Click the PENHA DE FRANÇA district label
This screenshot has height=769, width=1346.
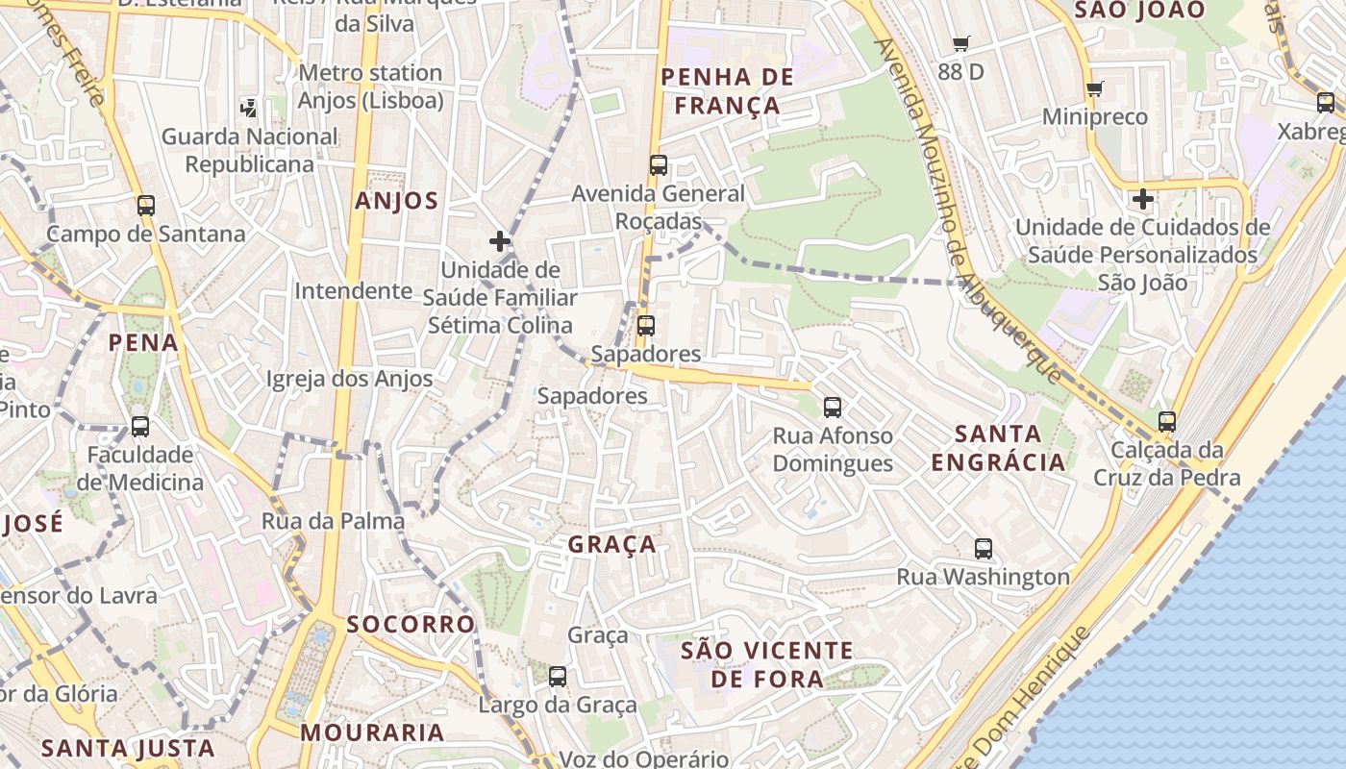[728, 91]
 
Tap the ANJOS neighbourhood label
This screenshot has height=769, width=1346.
[396, 201]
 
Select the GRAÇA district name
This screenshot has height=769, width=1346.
[612, 544]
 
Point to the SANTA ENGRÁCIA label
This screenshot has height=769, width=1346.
[998, 448]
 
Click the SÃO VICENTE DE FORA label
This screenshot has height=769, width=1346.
[766, 664]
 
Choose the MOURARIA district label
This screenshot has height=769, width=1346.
[372, 732]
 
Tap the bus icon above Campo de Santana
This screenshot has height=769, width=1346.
[146, 205]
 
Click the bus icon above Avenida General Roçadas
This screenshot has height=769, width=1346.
[658, 164]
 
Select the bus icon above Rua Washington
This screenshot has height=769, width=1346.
[983, 549]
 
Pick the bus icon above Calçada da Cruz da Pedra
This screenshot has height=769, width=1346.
[1166, 421]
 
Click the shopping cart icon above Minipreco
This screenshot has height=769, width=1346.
[1094, 89]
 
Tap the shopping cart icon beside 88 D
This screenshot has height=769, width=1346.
[960, 43]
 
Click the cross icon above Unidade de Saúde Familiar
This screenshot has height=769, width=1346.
[499, 240]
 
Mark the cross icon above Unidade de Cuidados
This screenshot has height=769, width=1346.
[1142, 200]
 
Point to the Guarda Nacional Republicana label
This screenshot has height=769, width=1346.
[250, 150]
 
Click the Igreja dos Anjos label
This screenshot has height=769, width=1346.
[350, 379]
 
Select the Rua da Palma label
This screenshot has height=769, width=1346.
[333, 521]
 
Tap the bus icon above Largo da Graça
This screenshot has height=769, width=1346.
[558, 677]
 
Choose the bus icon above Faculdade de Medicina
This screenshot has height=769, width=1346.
[140, 426]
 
